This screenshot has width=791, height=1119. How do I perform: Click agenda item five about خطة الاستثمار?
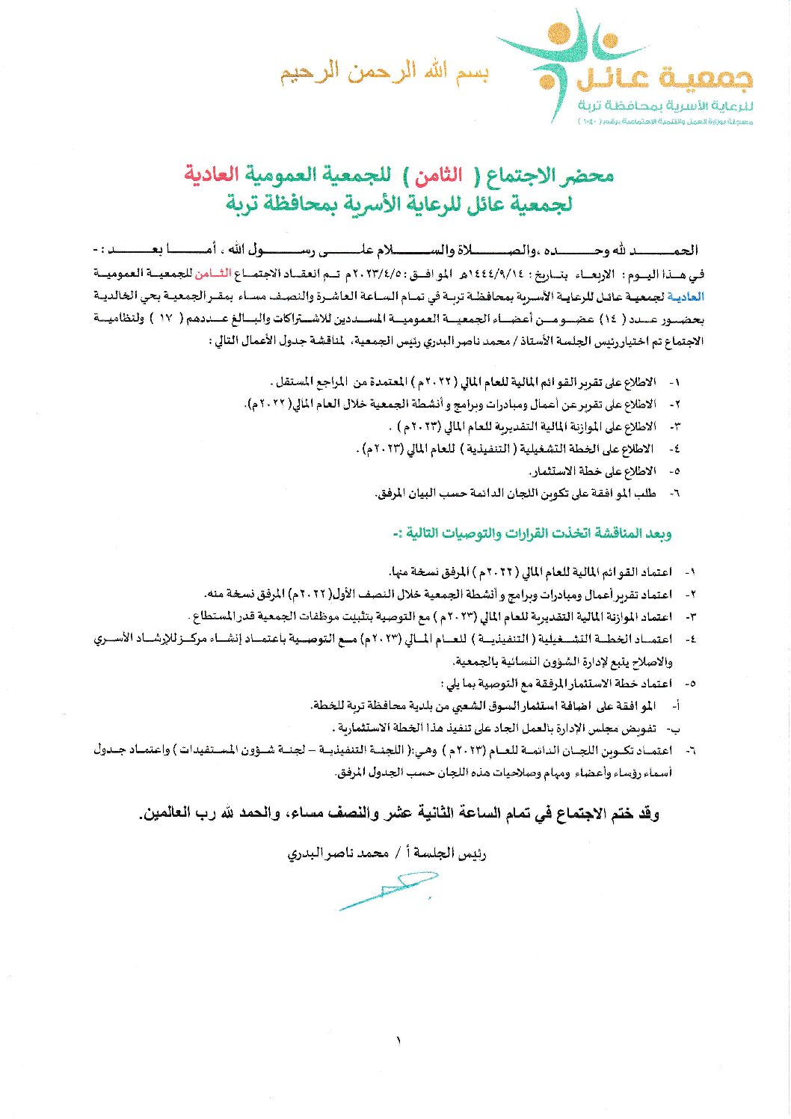point(592,471)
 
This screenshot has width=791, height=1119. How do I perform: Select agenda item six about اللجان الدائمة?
point(516,494)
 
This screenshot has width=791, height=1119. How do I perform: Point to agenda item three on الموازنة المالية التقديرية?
point(523,427)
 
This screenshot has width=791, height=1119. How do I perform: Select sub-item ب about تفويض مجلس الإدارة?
point(497,728)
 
